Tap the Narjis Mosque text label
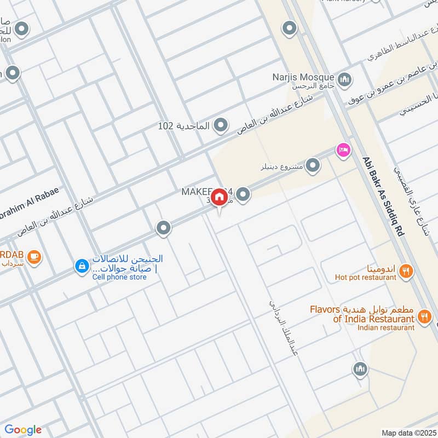[303, 77]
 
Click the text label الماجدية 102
[183, 126]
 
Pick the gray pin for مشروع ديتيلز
[313, 164]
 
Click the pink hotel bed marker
[344, 149]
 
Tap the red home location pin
[219, 197]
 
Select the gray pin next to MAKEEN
[244, 194]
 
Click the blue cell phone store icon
[81, 267]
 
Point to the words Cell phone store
[119, 277]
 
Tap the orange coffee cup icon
[34, 256]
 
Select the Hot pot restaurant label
[365, 278]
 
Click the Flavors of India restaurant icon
[424, 316]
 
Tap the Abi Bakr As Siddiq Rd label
[383, 197]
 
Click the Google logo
[23, 430]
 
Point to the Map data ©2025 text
[408, 433]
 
